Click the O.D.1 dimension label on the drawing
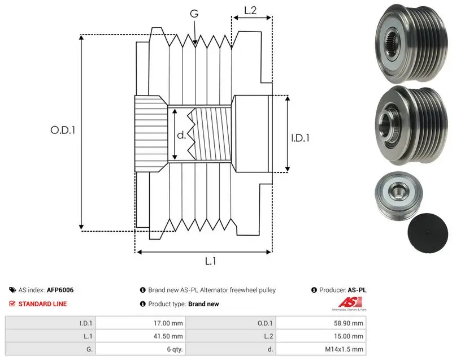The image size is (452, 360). [63, 131]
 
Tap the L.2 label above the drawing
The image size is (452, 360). [250, 10]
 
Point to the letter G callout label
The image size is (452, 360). [194, 13]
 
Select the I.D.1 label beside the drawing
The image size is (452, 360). [300, 138]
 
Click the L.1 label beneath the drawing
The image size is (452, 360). [210, 261]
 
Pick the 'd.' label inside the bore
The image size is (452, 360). [181, 135]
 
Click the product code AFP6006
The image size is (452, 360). [60, 290]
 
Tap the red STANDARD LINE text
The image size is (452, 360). [43, 304]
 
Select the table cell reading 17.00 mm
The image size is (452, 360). [168, 323]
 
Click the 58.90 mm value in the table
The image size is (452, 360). [349, 323]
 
